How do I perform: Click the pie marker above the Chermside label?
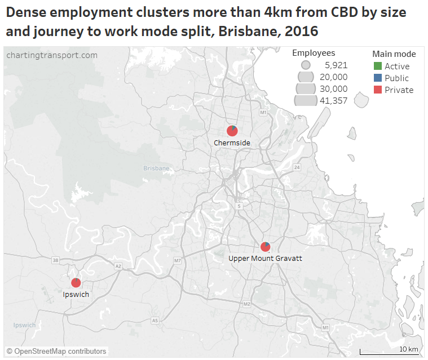(x=232, y=131)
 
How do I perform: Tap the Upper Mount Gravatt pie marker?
(x=266, y=247)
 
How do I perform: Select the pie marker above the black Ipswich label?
(x=76, y=283)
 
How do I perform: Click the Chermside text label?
(x=232, y=143)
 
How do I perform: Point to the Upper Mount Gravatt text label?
(x=265, y=259)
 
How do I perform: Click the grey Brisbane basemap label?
(x=156, y=168)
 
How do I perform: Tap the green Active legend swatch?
(x=378, y=66)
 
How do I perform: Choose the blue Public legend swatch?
(x=378, y=78)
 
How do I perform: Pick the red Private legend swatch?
(x=378, y=90)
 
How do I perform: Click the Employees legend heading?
(x=314, y=53)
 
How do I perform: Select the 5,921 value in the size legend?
(x=336, y=65)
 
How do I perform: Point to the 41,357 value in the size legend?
(x=334, y=101)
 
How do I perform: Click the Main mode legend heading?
(x=394, y=54)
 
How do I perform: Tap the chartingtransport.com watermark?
(x=52, y=55)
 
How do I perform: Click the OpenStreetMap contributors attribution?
(x=56, y=351)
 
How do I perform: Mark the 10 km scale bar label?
(x=409, y=349)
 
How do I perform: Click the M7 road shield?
(x=178, y=260)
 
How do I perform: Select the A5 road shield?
(x=155, y=321)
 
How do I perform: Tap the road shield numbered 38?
(x=55, y=260)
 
